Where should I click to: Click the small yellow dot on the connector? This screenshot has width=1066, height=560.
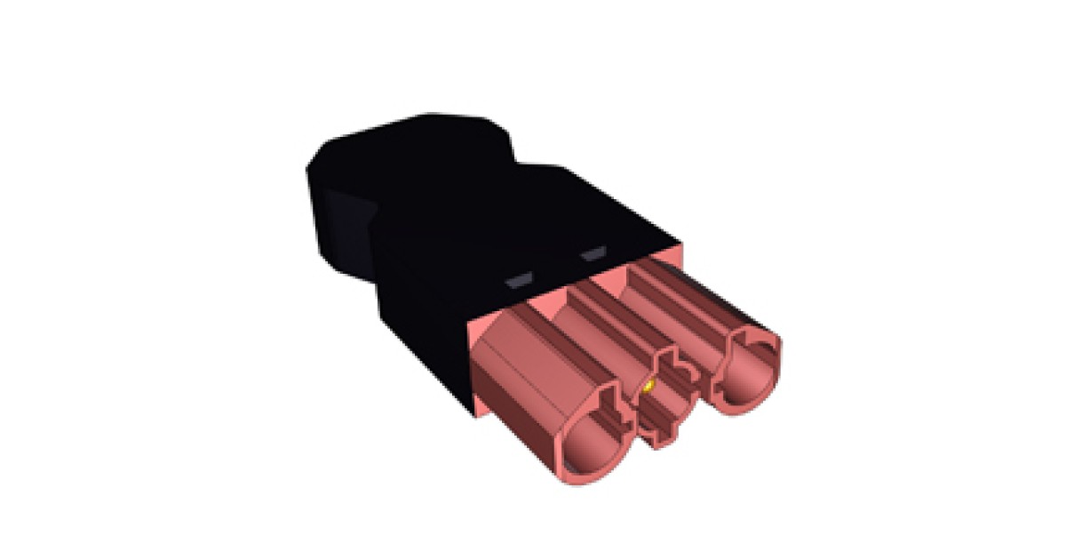(648, 387)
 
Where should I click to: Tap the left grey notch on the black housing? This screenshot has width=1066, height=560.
(518, 281)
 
